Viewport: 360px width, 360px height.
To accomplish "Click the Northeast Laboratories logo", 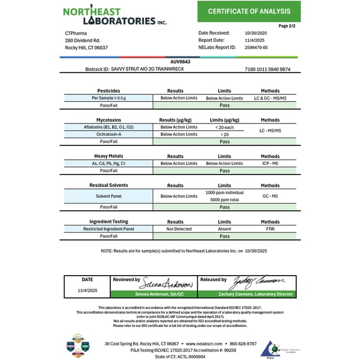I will pos(115,16).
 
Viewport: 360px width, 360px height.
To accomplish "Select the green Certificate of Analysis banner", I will pos(249,11).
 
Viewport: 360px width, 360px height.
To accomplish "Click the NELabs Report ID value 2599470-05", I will pos(257,48).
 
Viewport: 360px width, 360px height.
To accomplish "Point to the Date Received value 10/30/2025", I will pos(257,33).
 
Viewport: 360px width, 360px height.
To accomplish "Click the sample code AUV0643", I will pos(180,62).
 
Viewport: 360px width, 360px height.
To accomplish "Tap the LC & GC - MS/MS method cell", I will pos(270,98).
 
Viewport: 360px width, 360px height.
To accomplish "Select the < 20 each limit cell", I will pos(224,127).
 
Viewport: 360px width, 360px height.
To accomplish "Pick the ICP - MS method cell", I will pos(270,163).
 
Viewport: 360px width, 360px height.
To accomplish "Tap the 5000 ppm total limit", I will pos(224,200).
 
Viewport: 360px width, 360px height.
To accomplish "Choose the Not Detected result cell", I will pos(179,229).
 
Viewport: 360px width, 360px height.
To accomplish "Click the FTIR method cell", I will pos(270,229).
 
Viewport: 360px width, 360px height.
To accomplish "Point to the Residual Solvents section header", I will pos(108,185).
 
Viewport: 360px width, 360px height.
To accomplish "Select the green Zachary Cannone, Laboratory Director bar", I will pos(247,294).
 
